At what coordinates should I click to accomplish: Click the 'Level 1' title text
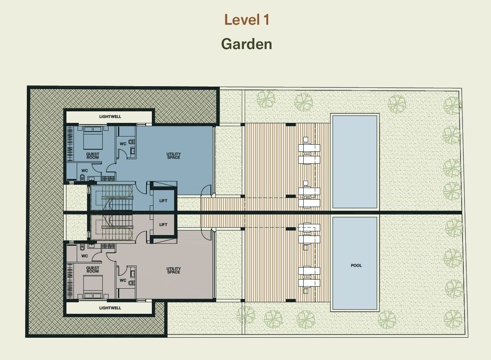pos(247,20)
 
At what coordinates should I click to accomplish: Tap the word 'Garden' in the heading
pos(247,44)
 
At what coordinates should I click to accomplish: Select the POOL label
pos(356,266)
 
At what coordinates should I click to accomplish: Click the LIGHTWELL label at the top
pos(110,117)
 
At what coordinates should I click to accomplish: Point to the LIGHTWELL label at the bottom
pos(110,308)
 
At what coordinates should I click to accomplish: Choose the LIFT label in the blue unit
pos(163,201)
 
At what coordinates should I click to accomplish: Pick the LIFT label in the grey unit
pos(163,224)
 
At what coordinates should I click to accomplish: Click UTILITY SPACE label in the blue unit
pos(173,155)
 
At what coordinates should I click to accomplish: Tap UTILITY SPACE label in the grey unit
pos(173,271)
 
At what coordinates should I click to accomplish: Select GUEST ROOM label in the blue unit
pos(93,155)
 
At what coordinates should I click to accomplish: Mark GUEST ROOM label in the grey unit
pos(93,270)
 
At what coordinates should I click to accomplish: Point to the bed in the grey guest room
pos(93,287)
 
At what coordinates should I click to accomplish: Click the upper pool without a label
pos(355,162)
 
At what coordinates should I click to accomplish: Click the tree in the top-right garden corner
pos(453,106)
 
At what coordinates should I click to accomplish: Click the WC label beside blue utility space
pos(123,144)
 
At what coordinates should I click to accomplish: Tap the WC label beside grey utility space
pos(123,280)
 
